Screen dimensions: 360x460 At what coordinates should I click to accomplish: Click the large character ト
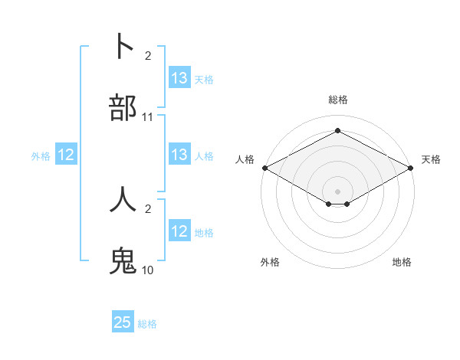[x=123, y=47]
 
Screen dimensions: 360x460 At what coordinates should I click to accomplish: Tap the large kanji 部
[x=123, y=107]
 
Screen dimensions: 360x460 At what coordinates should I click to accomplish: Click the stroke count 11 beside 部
[x=148, y=117]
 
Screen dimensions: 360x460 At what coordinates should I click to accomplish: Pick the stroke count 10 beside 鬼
[x=148, y=270]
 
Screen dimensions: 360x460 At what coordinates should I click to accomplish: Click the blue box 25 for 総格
[x=123, y=322]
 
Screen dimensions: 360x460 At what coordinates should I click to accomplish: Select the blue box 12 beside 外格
[x=66, y=155]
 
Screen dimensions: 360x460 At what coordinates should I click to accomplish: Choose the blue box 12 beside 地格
[x=179, y=231]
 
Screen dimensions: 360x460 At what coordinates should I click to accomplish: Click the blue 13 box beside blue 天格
[x=179, y=79]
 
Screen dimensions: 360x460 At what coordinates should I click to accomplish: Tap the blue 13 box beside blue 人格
[x=179, y=155]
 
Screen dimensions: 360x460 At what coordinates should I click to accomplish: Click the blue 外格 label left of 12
[x=41, y=156]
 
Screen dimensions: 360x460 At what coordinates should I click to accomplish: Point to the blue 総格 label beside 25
[x=147, y=324]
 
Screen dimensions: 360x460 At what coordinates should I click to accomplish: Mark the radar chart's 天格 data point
[x=412, y=168]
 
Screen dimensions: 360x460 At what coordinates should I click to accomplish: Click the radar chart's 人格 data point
[x=264, y=168]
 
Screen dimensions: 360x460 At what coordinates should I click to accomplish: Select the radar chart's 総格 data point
[x=337, y=131]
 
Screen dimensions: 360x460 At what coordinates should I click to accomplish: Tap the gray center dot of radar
[x=338, y=191]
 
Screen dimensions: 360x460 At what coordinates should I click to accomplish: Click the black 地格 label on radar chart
[x=402, y=262]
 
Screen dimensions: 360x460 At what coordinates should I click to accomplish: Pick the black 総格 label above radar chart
[x=338, y=100]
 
